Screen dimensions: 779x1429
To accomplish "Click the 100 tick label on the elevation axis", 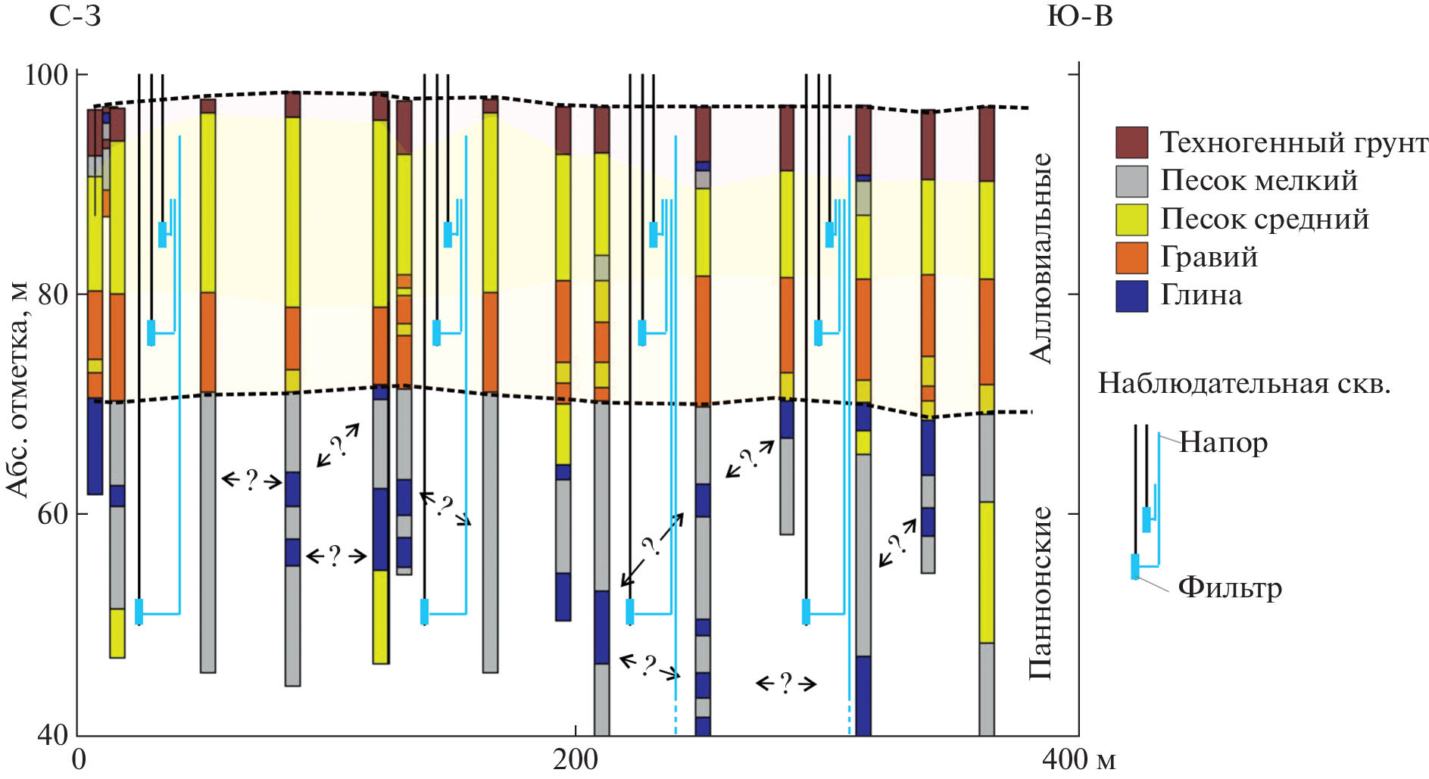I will click(x=46, y=75).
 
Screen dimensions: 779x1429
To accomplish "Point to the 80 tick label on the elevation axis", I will click(x=52, y=294).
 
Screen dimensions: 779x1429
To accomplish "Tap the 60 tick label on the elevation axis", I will click(x=52, y=514).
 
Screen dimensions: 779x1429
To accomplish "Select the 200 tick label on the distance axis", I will click(x=576, y=759).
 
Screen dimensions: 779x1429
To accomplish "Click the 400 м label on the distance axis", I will click(x=1078, y=759).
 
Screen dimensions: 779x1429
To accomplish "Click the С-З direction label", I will click(x=75, y=17).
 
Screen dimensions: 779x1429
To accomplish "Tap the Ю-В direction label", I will click(x=1080, y=17).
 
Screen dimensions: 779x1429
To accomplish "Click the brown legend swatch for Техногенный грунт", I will click(x=1131, y=142).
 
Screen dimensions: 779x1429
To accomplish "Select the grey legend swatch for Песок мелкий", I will click(x=1131, y=181).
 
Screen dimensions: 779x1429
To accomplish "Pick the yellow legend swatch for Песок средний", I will click(x=1131, y=220).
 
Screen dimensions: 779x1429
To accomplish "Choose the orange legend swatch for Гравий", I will click(x=1131, y=257).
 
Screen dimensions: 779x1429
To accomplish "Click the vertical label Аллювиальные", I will click(x=1042, y=258).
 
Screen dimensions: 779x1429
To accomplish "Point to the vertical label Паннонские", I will click(x=1042, y=593).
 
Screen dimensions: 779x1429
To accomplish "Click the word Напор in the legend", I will click(x=1223, y=442).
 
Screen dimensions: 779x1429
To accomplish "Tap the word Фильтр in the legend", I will click(x=1230, y=587).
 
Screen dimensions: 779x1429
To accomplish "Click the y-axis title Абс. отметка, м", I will click(x=18, y=390).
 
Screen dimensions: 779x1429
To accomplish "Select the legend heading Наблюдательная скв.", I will click(x=1244, y=384).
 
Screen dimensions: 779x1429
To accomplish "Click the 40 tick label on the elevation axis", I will click(x=52, y=734).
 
